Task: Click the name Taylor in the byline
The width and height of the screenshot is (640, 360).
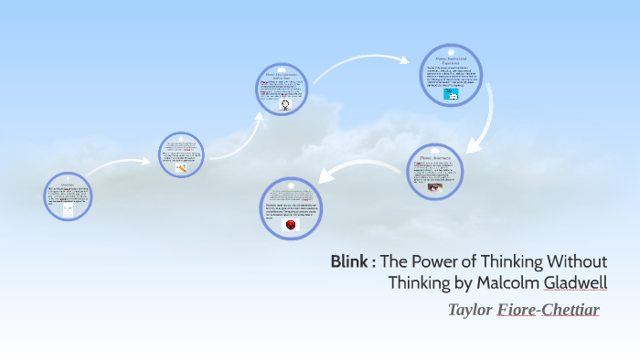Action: pyautogui.click(x=469, y=310)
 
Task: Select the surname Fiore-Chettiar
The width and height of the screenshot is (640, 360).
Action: pyautogui.click(x=548, y=310)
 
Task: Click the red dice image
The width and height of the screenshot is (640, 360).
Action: pyautogui.click(x=291, y=225)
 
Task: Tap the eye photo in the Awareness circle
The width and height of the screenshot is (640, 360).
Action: pyautogui.click(x=434, y=187)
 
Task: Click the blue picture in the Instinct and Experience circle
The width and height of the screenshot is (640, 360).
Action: pyautogui.click(x=450, y=94)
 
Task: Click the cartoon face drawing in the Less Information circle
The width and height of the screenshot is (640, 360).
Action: pyautogui.click(x=284, y=105)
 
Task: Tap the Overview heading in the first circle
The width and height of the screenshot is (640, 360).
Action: pyautogui.click(x=67, y=183)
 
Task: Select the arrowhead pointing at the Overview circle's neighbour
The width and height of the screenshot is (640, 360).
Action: pyautogui.click(x=149, y=163)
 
